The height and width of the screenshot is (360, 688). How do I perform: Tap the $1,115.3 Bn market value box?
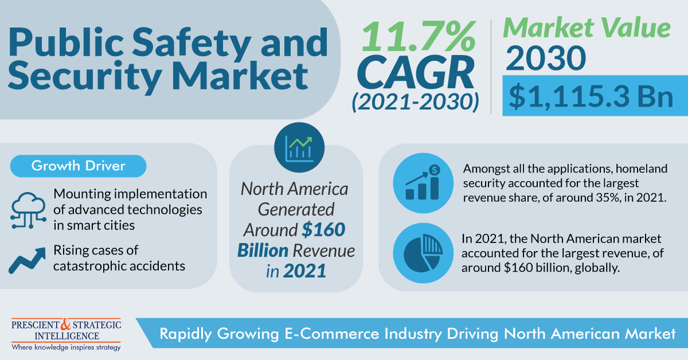coord(592,95)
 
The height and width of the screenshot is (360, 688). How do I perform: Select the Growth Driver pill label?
coord(79,166)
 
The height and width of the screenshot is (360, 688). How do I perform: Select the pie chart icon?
coord(421,252)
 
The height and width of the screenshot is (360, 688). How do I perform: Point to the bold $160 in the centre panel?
coord(324,229)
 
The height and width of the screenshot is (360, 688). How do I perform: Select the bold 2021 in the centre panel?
coord(306,271)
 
